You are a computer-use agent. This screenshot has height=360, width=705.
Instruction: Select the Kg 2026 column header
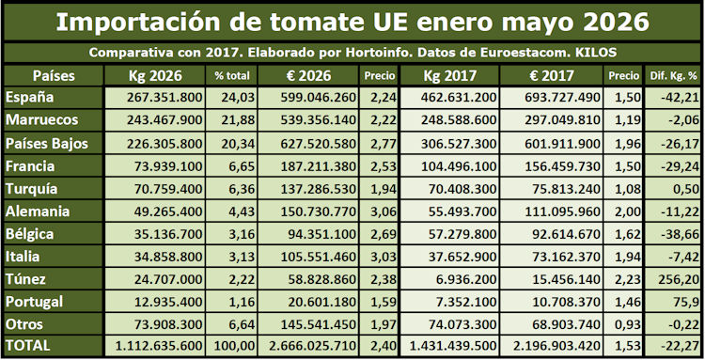[155, 75]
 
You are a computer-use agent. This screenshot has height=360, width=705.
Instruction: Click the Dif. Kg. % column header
[674, 76]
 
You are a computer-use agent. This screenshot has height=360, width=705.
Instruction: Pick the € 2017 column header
[551, 75]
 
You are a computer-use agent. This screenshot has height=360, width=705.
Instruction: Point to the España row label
[30, 98]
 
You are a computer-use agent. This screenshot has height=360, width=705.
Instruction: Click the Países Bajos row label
[47, 144]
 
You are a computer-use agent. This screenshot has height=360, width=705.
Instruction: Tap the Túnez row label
[25, 279]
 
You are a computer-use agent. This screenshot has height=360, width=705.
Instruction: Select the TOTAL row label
[28, 346]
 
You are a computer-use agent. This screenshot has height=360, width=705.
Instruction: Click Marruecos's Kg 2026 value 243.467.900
[164, 120]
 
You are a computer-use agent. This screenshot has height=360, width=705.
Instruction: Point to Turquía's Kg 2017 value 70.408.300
[459, 189]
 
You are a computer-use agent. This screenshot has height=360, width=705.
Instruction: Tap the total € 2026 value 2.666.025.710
[313, 346]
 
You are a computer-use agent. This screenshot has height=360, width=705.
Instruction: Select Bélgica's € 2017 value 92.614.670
[562, 234]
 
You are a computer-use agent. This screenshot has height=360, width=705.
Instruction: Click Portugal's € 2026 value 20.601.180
[322, 302]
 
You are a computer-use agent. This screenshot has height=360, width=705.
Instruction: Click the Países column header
[54, 75]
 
